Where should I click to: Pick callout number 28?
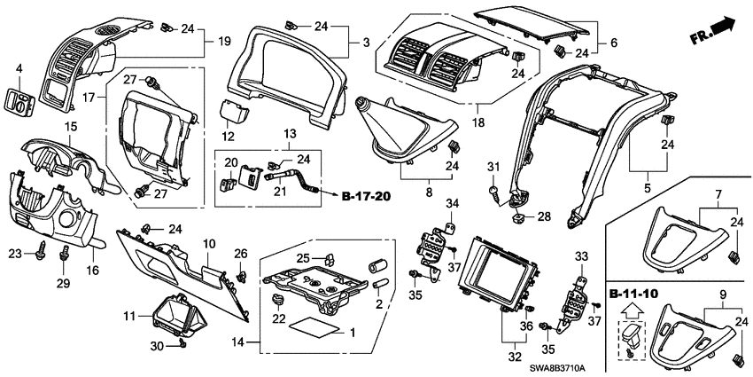[545, 216]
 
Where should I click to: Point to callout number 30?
[156, 345]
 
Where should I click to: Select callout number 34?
[452, 205]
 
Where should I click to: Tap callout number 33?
[581, 256]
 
